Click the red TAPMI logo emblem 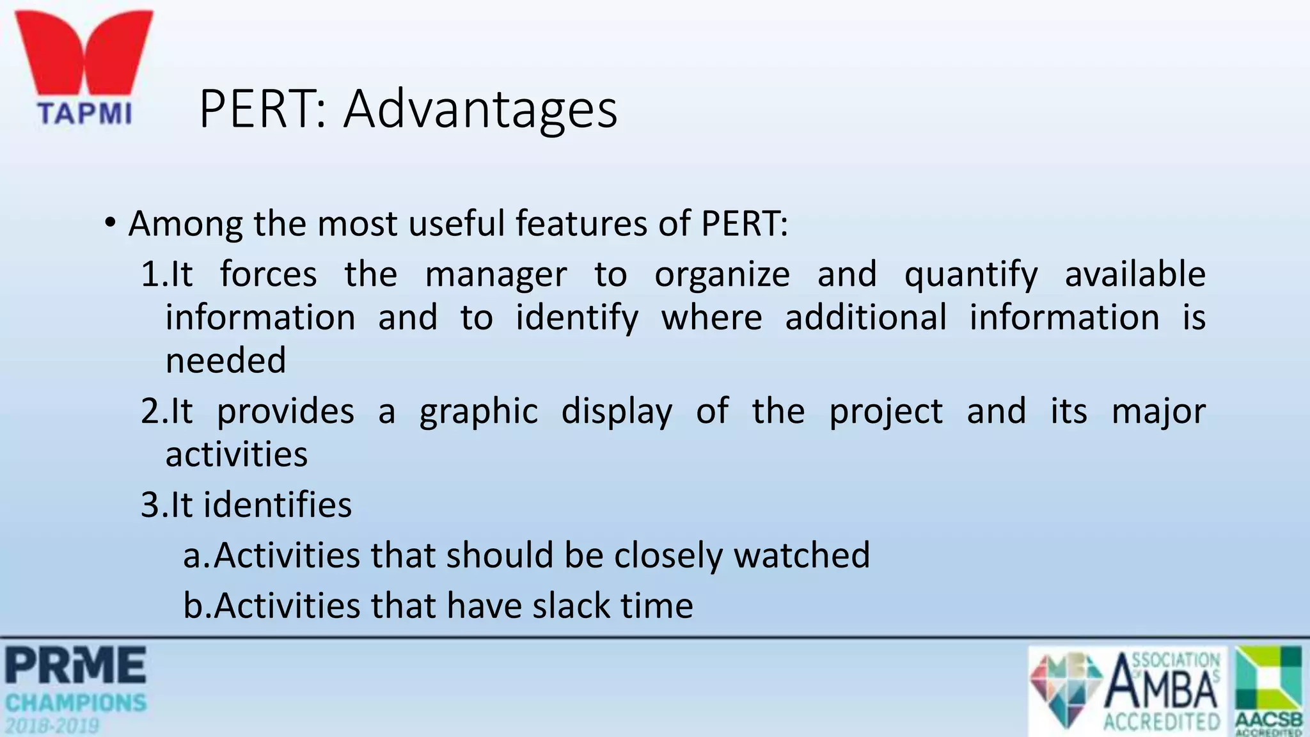(84, 54)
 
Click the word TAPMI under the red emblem (84, 114)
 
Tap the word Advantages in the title (480, 109)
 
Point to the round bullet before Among (111, 224)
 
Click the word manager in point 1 (496, 275)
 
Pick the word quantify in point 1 (970, 275)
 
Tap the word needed (225, 360)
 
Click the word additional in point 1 (865, 318)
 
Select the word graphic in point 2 (478, 411)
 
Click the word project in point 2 (885, 411)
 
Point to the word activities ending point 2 (236, 455)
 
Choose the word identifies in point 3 (278, 505)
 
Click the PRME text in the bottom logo (76, 665)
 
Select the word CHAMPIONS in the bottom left (76, 703)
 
